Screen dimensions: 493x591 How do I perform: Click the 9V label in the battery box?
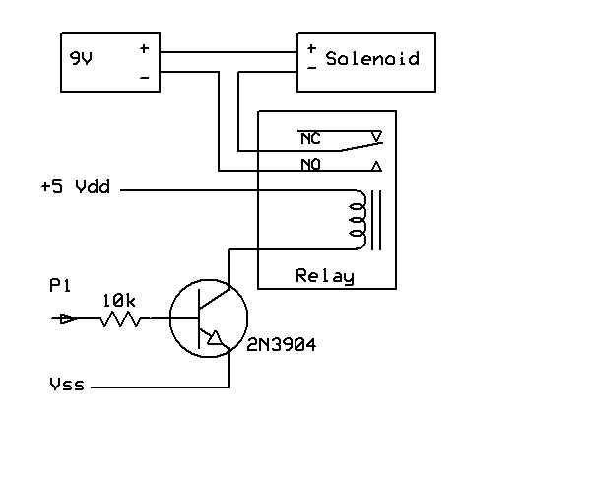(80, 58)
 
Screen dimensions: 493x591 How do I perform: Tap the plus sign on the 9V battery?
(144, 47)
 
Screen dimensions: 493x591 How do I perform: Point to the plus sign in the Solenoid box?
(311, 47)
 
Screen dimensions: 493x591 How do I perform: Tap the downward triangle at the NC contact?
(376, 136)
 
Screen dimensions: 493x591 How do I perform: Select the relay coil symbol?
(361, 219)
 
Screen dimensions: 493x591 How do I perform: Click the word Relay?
(324, 276)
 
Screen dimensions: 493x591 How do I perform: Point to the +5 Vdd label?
(75, 187)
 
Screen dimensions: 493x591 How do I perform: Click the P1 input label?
(60, 286)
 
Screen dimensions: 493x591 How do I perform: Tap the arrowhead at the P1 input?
(67, 318)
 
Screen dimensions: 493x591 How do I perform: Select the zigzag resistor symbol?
(121, 318)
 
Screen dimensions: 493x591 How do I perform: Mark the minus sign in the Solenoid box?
(311, 67)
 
